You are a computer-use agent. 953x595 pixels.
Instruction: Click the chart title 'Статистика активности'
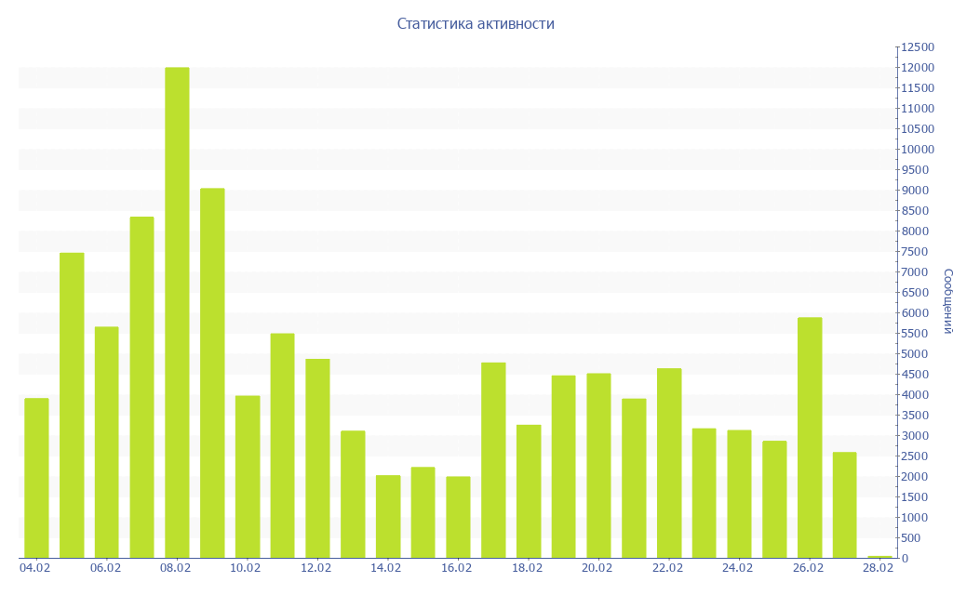coord(476,23)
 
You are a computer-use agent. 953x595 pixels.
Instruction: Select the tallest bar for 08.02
coord(177,312)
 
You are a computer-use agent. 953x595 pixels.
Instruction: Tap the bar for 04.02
coord(36,478)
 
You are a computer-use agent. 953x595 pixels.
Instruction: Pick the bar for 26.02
coord(810,437)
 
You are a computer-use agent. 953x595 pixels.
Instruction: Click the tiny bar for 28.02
coord(879,557)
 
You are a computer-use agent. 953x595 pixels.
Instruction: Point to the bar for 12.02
coord(317,458)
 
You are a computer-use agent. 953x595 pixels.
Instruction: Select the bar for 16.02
coord(458,517)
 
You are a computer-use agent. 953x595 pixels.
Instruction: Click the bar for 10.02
coord(248,477)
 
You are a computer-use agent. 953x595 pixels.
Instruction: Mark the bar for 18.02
coord(529,491)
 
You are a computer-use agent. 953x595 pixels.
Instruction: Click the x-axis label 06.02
coord(106,568)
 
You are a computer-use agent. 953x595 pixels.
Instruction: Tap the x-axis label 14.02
coord(386,568)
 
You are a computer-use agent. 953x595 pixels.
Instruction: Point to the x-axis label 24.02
coord(738,568)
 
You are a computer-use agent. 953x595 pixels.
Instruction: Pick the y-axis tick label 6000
coord(916,313)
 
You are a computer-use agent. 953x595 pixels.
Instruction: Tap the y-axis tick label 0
coord(906,559)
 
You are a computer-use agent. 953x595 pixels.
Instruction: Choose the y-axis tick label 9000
coord(916,191)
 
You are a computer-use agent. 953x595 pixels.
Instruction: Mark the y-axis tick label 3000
coord(916,436)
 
